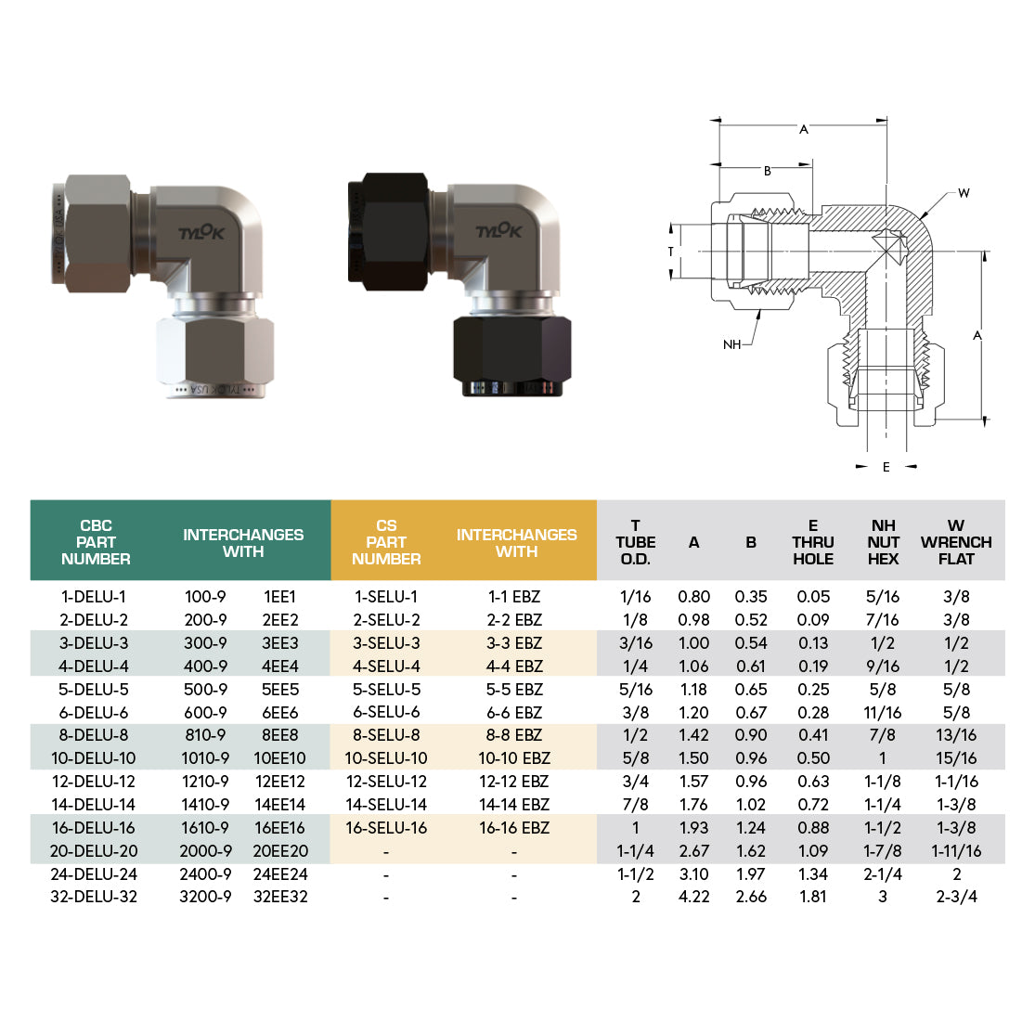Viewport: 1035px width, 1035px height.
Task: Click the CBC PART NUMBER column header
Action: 96,542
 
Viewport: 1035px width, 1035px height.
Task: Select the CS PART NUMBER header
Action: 386,542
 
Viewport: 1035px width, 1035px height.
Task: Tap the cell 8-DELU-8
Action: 96,735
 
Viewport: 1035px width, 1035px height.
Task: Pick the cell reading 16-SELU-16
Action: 386,828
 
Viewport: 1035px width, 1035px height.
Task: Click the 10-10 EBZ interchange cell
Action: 514,758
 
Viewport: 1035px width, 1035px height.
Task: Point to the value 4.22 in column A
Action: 693,897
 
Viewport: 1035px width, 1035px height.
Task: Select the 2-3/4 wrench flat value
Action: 956,897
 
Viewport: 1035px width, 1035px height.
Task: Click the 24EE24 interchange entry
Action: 279,874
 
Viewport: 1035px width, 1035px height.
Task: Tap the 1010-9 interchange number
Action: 205,758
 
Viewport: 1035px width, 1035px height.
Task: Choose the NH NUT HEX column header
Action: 883,542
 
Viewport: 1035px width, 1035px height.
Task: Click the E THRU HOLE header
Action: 813,542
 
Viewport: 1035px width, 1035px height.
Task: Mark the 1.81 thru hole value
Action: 813,897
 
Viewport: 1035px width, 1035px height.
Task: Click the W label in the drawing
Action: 964,193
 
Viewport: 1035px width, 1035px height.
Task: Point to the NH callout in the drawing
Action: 731,344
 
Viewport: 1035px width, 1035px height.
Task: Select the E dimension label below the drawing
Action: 886,467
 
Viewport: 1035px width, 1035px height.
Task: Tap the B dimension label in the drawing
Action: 768,171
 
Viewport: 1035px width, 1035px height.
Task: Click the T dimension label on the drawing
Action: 670,252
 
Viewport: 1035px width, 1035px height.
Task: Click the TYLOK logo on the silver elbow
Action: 201,233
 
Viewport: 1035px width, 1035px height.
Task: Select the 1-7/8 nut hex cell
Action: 883,851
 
